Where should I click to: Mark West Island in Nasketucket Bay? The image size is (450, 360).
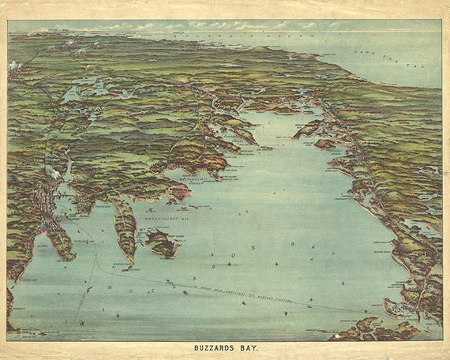(x=162, y=242)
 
